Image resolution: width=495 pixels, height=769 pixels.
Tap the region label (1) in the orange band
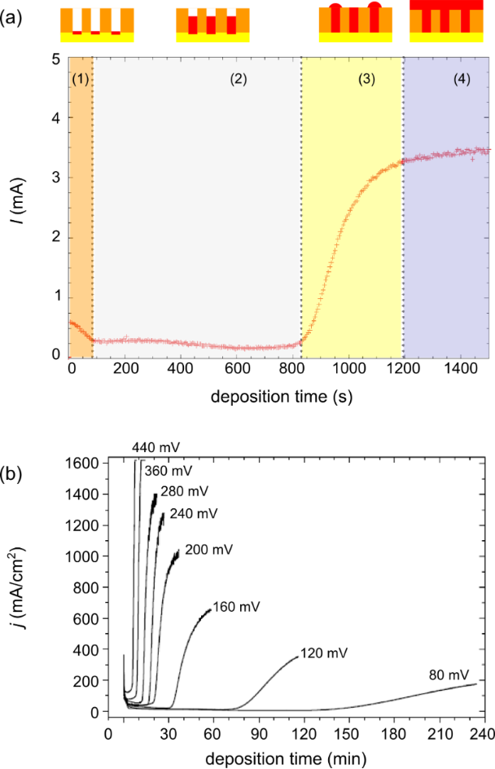click(x=80, y=80)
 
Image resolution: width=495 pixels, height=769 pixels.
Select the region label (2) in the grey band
click(x=238, y=80)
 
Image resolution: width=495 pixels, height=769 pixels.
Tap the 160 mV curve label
click(x=237, y=607)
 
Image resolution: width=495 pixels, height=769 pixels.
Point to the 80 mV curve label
click(x=448, y=675)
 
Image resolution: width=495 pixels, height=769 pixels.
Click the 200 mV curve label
click(x=208, y=550)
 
